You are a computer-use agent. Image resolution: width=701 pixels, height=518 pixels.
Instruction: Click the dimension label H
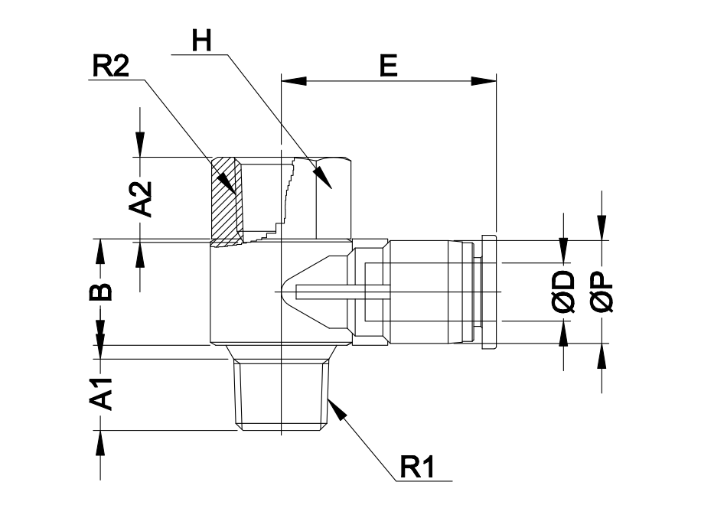[201, 41]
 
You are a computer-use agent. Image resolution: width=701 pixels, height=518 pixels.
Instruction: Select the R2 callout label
[110, 66]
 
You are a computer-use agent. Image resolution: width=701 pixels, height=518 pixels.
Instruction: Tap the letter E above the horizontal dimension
[389, 65]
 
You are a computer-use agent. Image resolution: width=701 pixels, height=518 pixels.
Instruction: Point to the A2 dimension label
[140, 199]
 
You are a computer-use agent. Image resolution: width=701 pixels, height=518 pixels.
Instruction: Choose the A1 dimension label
[101, 394]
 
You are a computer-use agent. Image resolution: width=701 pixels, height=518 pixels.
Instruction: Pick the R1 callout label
[416, 467]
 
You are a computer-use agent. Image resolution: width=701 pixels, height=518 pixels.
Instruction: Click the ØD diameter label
[563, 291]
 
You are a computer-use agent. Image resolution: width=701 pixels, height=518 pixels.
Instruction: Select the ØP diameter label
[602, 292]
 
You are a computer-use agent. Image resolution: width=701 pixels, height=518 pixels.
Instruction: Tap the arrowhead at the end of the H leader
[324, 178]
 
